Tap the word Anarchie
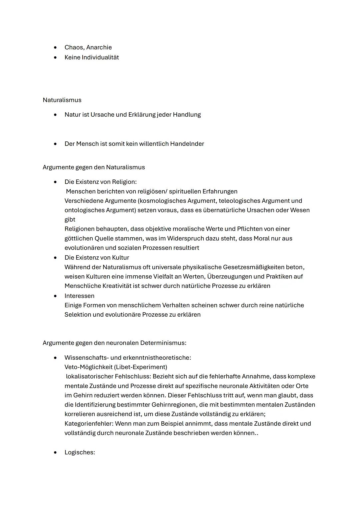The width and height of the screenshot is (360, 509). coord(99,47)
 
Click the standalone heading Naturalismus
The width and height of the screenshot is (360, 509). coord(62,100)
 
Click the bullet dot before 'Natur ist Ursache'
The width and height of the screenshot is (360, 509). coord(55,115)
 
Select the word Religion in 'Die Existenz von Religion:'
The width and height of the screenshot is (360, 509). coord(124,182)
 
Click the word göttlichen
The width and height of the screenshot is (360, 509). coord(79,238)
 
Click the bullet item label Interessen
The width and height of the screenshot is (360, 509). coord(79,296)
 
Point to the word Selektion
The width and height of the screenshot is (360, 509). coord(78,314)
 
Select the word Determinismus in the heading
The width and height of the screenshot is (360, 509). coord(163,343)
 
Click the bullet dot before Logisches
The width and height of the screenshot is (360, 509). coord(55,453)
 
